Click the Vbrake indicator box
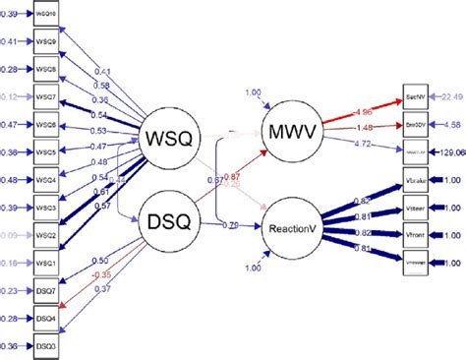pos(415,185)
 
